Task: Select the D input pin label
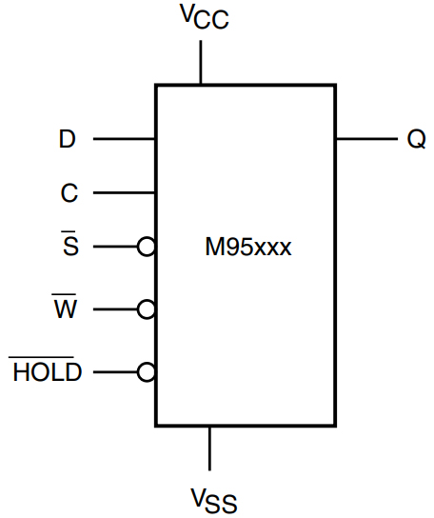67,139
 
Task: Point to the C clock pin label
69,193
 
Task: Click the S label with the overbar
69,247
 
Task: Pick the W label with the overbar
65,309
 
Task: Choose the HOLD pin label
46,371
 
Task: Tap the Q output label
415,139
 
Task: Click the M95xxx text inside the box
247,249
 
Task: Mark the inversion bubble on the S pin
146,247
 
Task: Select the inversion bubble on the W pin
146,309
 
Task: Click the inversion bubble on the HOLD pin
146,371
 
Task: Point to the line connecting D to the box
124,139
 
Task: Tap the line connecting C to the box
124,193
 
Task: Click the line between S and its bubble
115,247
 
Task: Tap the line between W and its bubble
115,309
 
